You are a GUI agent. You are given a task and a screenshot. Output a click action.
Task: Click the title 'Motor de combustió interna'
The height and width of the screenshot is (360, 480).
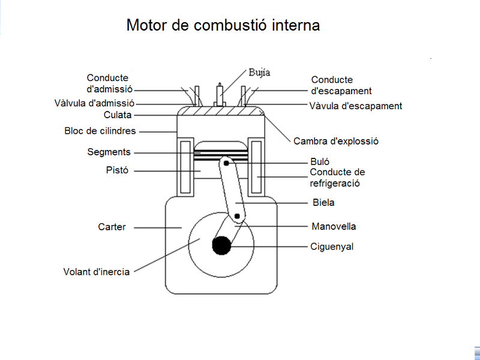coord(223,26)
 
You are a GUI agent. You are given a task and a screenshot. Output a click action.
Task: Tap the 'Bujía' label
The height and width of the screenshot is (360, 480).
coord(259,73)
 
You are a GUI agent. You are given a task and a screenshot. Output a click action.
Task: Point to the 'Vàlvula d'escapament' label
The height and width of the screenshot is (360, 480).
coord(355,106)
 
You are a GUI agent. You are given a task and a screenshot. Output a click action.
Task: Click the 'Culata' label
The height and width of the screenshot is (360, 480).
coord(118,115)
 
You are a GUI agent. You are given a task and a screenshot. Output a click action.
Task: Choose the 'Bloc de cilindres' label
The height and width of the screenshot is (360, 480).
coord(100,131)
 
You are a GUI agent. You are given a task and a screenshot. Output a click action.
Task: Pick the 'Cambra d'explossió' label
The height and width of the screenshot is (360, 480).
coord(336,142)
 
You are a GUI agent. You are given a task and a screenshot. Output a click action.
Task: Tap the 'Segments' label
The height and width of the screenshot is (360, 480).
coord(109,152)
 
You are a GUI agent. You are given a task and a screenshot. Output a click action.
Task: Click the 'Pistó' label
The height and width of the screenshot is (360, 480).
coord(118,171)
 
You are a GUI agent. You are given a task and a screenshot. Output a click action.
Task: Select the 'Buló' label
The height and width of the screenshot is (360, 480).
coord(320,162)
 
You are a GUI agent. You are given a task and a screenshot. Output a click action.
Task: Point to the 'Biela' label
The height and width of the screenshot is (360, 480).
coord(323,203)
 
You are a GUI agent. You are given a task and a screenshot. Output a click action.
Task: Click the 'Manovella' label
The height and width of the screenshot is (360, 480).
coord(334,227)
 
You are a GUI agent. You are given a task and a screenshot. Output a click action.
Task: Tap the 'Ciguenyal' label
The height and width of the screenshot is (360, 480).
coord(332,246)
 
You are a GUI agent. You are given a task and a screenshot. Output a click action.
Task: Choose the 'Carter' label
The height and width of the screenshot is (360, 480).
coord(112,227)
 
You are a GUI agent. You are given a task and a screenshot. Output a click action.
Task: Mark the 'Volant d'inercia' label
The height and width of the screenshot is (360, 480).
coord(97,272)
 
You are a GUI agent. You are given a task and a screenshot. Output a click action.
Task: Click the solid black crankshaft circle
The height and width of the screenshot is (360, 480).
coord(222,245)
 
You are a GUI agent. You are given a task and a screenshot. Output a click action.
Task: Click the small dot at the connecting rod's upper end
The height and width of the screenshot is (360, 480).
coord(226,163)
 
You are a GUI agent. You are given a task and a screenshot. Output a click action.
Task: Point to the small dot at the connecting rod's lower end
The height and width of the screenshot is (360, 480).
coord(238,216)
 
